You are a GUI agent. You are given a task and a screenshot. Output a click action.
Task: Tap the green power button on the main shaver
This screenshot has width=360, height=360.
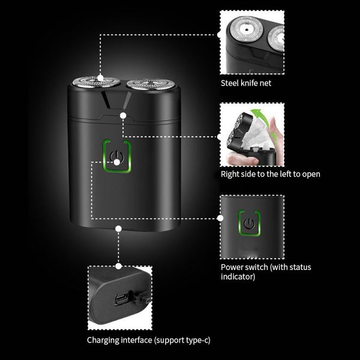[x=118, y=158]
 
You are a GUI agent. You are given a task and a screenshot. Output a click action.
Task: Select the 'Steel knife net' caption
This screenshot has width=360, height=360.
[x=246, y=83]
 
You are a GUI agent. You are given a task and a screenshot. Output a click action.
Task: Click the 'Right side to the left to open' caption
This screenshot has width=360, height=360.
[x=270, y=174]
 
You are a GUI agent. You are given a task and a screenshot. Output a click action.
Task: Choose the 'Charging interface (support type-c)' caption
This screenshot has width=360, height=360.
[x=149, y=340]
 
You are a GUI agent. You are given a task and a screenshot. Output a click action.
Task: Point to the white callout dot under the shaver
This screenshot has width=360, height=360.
[x=119, y=228]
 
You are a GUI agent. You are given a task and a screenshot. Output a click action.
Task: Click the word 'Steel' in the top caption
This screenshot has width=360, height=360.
[x=230, y=83]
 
